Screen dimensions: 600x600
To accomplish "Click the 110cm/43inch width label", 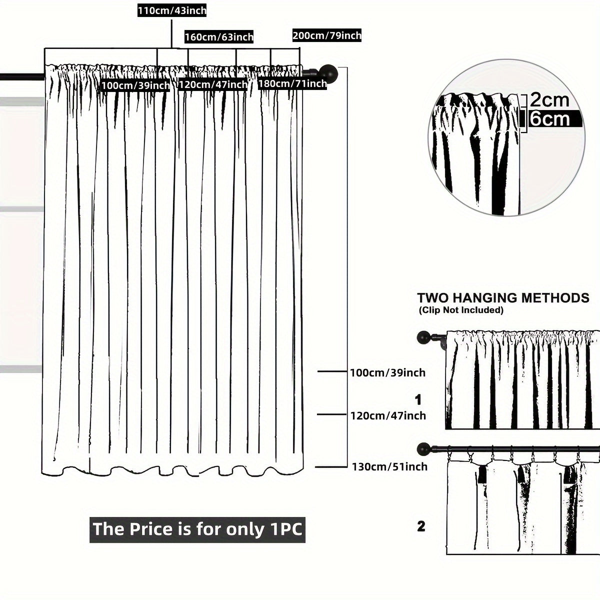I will pyautogui.click(x=171, y=10).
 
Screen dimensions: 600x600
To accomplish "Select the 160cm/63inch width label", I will pyautogui.click(x=219, y=37).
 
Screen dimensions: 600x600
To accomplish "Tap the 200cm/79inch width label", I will pyautogui.click(x=326, y=35).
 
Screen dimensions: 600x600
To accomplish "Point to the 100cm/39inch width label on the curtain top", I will pyautogui.click(x=135, y=85).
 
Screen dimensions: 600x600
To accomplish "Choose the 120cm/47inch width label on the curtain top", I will pyautogui.click(x=213, y=84).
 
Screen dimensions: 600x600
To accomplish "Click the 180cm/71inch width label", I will pyautogui.click(x=292, y=83).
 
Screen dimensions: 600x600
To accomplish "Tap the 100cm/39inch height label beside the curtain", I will pyautogui.click(x=387, y=372).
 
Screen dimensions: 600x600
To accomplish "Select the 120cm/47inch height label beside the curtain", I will pyautogui.click(x=387, y=415).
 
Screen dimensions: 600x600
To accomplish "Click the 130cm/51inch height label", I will pyautogui.click(x=389, y=466).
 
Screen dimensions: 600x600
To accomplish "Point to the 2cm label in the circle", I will pyautogui.click(x=549, y=100).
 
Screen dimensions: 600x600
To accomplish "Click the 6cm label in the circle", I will pyautogui.click(x=549, y=119).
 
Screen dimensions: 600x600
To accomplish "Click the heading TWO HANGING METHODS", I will pyautogui.click(x=503, y=298).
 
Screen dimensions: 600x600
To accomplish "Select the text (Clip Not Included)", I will pyautogui.click(x=460, y=310).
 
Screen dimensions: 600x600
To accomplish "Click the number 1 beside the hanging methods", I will pyautogui.click(x=418, y=400).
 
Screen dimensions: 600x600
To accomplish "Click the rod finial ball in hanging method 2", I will pyautogui.click(x=424, y=447).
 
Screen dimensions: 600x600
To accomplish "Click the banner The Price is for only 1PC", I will pyautogui.click(x=197, y=529).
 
